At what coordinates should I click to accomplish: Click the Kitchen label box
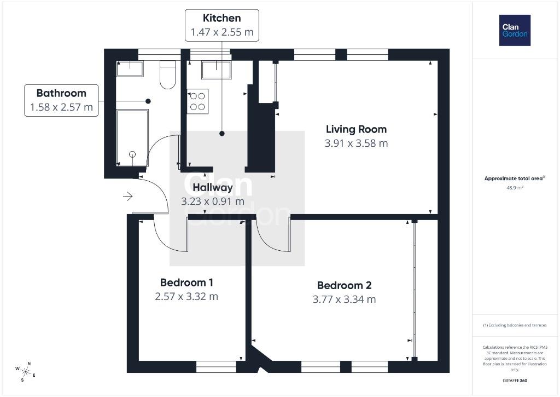pyautogui.click(x=222, y=25)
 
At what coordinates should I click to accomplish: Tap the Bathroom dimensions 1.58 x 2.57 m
pyautogui.click(x=61, y=107)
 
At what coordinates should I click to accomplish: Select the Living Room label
pyautogui.click(x=356, y=129)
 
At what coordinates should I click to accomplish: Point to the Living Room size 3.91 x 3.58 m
pyautogui.click(x=356, y=143)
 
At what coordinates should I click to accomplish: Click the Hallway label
pyautogui.click(x=213, y=187)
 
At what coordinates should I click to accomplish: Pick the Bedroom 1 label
pyautogui.click(x=186, y=283)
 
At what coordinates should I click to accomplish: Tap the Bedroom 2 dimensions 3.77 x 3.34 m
pyautogui.click(x=344, y=300)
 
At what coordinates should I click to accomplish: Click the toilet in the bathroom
pyautogui.click(x=167, y=74)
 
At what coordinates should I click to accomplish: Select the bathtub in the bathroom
pyautogui.click(x=132, y=137)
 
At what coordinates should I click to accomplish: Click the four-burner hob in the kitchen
pyautogui.click(x=197, y=101)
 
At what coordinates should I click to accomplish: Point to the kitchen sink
pyautogui.click(x=216, y=70)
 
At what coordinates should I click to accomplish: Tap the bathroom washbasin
pyautogui.click(x=130, y=68)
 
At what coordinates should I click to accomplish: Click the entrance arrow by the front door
pyautogui.click(x=128, y=196)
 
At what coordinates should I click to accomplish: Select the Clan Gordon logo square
pyautogui.click(x=515, y=31)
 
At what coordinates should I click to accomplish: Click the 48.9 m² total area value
pyautogui.click(x=515, y=187)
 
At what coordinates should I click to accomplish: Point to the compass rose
pyautogui.click(x=25, y=372)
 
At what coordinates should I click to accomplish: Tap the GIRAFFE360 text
pyautogui.click(x=515, y=381)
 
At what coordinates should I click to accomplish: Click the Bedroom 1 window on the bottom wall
pyautogui.click(x=216, y=366)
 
